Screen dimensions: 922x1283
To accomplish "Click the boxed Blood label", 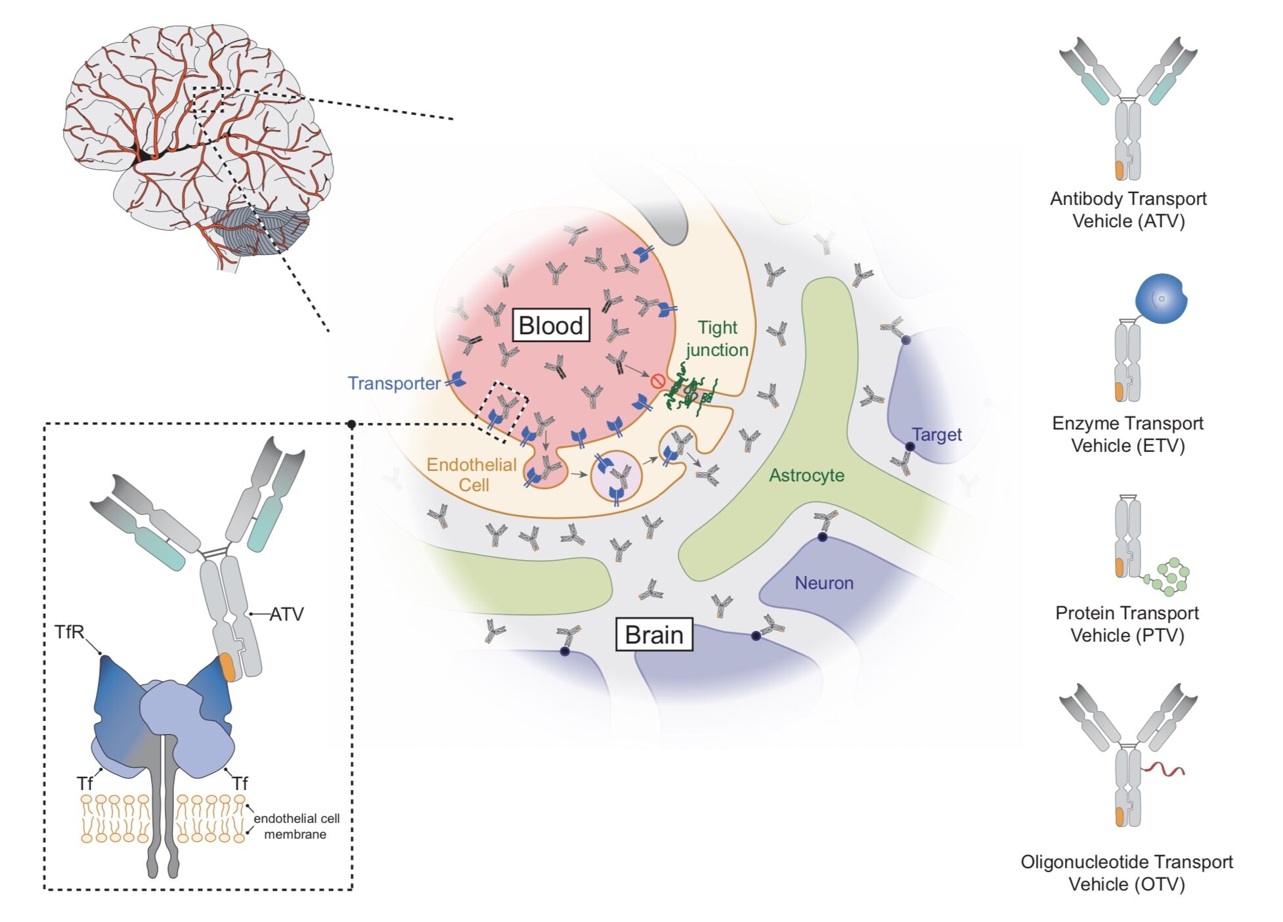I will tap(550, 326).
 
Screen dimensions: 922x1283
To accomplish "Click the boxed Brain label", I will tap(654, 634).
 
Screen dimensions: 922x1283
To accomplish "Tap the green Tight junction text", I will tap(717, 338).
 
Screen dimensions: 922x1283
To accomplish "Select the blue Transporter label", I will tap(394, 384).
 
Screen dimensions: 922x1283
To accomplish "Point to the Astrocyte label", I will tap(806, 475).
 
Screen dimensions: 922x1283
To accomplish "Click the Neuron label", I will tap(824, 583).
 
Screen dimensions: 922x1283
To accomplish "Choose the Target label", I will tap(937, 435).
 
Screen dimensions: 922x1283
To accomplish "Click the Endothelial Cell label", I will tap(471, 475).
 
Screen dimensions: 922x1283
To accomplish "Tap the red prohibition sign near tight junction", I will tap(657, 381).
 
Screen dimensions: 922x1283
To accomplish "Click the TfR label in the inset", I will tap(70, 632).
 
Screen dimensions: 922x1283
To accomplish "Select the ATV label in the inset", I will tap(287, 615).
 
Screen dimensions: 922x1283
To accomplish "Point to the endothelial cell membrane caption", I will tap(296, 826).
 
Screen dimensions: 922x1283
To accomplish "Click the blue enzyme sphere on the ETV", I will tap(1161, 299).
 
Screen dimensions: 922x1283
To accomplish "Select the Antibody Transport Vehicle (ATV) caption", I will tap(1128, 209).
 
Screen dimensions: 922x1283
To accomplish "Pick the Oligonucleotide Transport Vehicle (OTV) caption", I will tap(1127, 873).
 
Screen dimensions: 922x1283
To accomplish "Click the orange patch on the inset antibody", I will tap(227, 667).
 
